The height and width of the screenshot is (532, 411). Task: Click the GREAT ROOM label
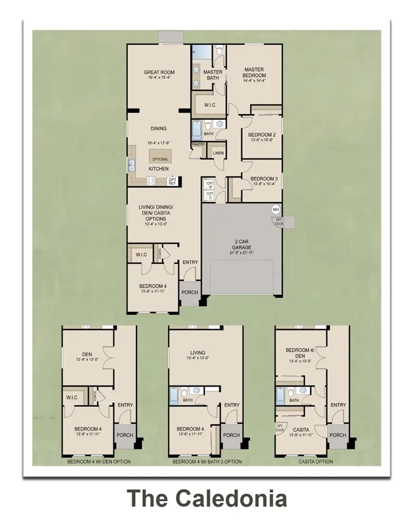pyautogui.click(x=159, y=72)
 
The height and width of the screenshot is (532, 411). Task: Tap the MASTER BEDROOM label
pyautogui.click(x=253, y=72)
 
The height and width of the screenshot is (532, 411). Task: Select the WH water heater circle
pyautogui.click(x=275, y=210)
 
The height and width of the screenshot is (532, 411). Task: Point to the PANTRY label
pyautogui.click(x=198, y=144)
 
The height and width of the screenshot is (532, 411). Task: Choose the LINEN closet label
pyautogui.click(x=218, y=153)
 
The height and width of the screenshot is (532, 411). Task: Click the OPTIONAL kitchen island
pyautogui.click(x=160, y=159)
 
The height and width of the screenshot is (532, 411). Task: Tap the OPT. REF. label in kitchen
pyautogui.click(x=172, y=180)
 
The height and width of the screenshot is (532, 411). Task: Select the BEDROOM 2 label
pyautogui.click(x=263, y=135)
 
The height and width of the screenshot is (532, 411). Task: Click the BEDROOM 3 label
pyautogui.click(x=264, y=178)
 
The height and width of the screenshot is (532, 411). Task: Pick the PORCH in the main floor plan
pyautogui.click(x=189, y=292)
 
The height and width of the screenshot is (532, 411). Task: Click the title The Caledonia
pyautogui.click(x=207, y=498)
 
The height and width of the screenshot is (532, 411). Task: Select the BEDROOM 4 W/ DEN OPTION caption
pyautogui.click(x=99, y=462)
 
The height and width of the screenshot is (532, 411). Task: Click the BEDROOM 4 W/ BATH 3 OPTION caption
pyautogui.click(x=207, y=462)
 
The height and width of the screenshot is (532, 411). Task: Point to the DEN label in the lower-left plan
pyautogui.click(x=88, y=355)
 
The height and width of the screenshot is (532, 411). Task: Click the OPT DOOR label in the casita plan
pyautogui.click(x=280, y=427)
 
